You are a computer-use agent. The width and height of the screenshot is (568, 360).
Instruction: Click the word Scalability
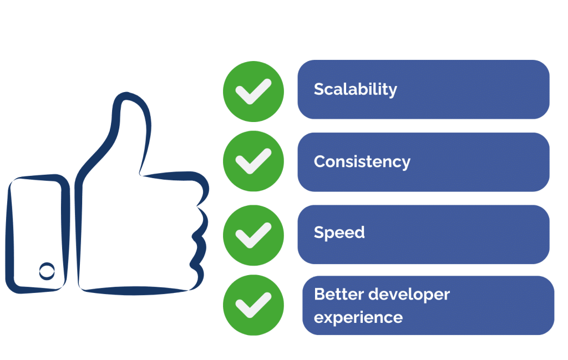pyautogui.click(x=355, y=89)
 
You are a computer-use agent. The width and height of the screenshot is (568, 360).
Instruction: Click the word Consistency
pyautogui.click(x=362, y=161)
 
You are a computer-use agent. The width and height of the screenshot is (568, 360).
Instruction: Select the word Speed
pyautogui.click(x=339, y=232)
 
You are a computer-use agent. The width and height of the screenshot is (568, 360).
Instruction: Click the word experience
pyautogui.click(x=358, y=318)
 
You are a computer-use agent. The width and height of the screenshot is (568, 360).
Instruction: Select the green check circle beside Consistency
pyautogui.click(x=253, y=161)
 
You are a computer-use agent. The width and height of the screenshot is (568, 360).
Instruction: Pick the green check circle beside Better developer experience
pyautogui.click(x=253, y=305)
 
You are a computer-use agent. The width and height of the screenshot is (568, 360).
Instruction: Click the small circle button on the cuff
pyautogui.click(x=47, y=271)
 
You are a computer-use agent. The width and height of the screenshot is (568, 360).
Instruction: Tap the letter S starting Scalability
pyautogui.click(x=318, y=89)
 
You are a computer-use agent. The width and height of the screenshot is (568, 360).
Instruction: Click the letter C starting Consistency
pyautogui.click(x=319, y=161)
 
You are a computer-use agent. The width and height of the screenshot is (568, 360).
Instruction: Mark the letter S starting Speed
pyautogui.click(x=318, y=232)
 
